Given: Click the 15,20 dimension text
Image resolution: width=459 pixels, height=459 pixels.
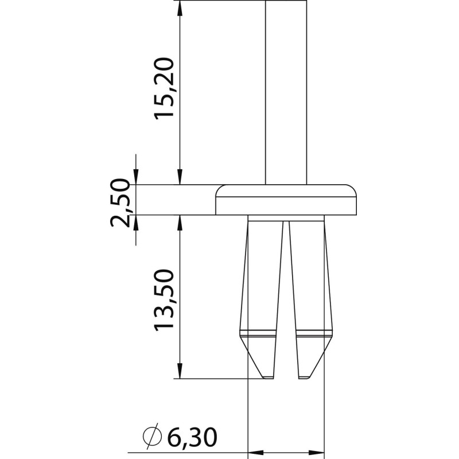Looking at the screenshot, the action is coord(164,88).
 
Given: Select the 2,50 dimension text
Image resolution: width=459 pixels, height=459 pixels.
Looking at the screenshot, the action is coord(120,203).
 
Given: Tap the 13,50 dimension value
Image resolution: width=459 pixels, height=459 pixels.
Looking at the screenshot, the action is coord(164,300).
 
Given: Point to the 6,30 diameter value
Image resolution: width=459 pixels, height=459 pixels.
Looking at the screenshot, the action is coord(192,438).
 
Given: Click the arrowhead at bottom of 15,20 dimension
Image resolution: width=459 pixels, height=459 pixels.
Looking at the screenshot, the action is coord(180,177).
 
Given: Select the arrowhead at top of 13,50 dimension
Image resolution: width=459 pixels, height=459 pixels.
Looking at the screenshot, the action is coord(180,223).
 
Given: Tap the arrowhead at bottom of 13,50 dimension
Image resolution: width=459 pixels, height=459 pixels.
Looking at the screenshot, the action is coord(180,371).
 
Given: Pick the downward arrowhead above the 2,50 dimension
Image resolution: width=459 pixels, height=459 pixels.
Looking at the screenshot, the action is coord(136,177).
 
